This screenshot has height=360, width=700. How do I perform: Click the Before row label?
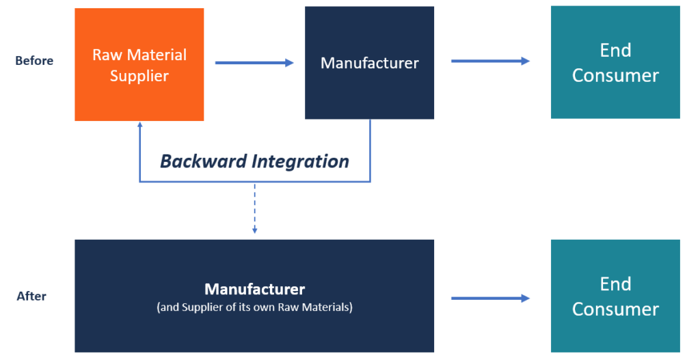click(34, 61)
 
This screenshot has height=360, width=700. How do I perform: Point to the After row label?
click(31, 296)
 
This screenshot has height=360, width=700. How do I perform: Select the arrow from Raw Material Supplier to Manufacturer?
click(254, 63)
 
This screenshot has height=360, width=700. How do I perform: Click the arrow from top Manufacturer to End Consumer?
click(490, 61)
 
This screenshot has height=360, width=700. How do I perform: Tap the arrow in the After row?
click(490, 298)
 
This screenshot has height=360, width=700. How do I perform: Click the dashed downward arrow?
click(254, 208)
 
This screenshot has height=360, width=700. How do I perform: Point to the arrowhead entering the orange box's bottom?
click(139, 126)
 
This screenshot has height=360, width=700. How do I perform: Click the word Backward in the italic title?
click(203, 161)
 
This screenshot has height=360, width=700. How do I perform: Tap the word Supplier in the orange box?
click(139, 76)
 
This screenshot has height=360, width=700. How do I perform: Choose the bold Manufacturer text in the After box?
click(254, 289)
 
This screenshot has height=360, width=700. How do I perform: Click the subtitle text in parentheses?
click(254, 307)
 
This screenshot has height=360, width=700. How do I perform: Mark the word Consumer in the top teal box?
click(615, 75)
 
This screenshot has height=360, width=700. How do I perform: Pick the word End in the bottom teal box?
click(615, 283)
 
